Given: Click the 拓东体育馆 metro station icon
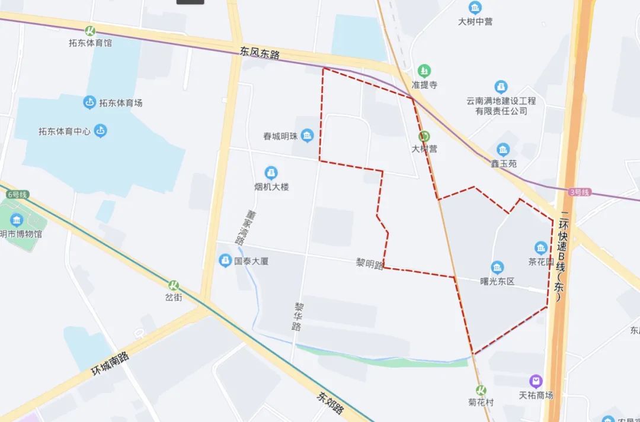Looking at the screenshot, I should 91,31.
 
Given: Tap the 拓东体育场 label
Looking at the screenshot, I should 121,103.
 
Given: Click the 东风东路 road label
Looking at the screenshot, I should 260,53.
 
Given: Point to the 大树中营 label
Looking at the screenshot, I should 475,21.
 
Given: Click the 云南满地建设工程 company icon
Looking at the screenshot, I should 501,87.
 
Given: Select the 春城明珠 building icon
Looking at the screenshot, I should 307,136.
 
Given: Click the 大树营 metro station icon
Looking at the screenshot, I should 424,136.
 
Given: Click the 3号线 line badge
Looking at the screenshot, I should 579,192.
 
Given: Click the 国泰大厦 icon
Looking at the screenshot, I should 225,260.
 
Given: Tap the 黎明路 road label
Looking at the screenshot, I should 370,264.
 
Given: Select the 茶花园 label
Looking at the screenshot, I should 540,261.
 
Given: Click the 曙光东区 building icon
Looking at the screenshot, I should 497,268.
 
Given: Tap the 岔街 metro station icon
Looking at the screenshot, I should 174,286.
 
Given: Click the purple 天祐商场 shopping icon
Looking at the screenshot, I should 536,382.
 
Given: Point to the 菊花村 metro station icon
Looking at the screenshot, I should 481,389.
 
